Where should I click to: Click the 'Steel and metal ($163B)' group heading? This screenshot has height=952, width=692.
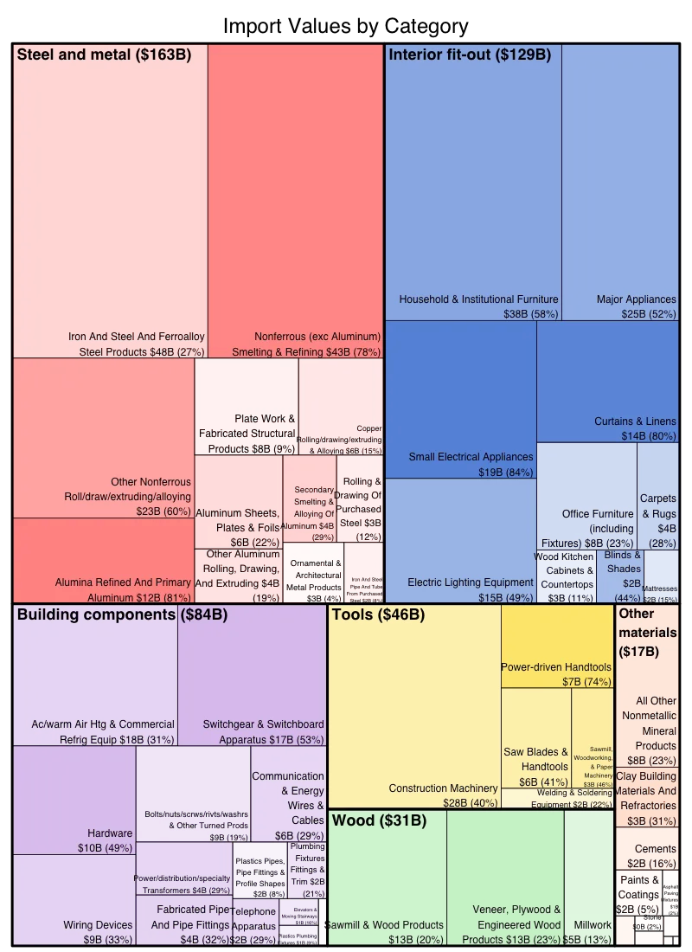click(x=104, y=55)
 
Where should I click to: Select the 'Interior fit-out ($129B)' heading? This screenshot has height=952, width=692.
click(x=470, y=55)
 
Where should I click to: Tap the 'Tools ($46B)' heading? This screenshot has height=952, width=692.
click(x=378, y=615)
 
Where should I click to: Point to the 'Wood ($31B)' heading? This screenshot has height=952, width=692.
click(x=379, y=820)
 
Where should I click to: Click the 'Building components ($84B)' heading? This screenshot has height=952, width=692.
click(x=122, y=615)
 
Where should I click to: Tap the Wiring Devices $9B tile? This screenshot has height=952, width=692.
click(x=74, y=900)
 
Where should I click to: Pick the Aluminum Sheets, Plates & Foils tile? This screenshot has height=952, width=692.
click(x=238, y=502)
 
